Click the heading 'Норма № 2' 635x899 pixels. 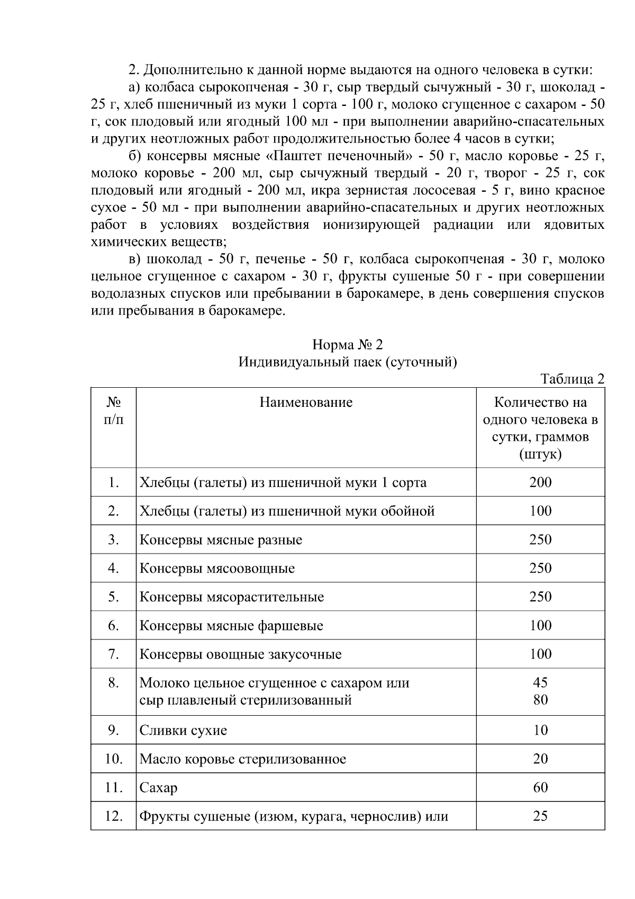(347, 345)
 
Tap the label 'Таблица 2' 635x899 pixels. (572, 379)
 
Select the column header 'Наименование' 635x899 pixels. (306, 403)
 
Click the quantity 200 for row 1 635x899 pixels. (540, 482)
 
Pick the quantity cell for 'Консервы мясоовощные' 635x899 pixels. (540, 568)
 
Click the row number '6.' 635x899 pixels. (113, 625)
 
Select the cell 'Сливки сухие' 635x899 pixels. (183, 730)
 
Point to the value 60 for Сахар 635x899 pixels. (540, 787)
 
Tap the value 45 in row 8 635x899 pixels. (540, 682)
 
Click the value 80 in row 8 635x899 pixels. (540, 700)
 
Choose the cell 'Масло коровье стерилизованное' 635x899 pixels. (242, 759)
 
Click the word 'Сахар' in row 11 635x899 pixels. (158, 788)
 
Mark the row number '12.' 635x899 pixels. (113, 816)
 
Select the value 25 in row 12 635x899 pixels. (540, 816)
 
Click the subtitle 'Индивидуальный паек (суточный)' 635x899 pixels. (347, 362)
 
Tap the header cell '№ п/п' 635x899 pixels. (113, 411)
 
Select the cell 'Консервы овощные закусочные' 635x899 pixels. (240, 654)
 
